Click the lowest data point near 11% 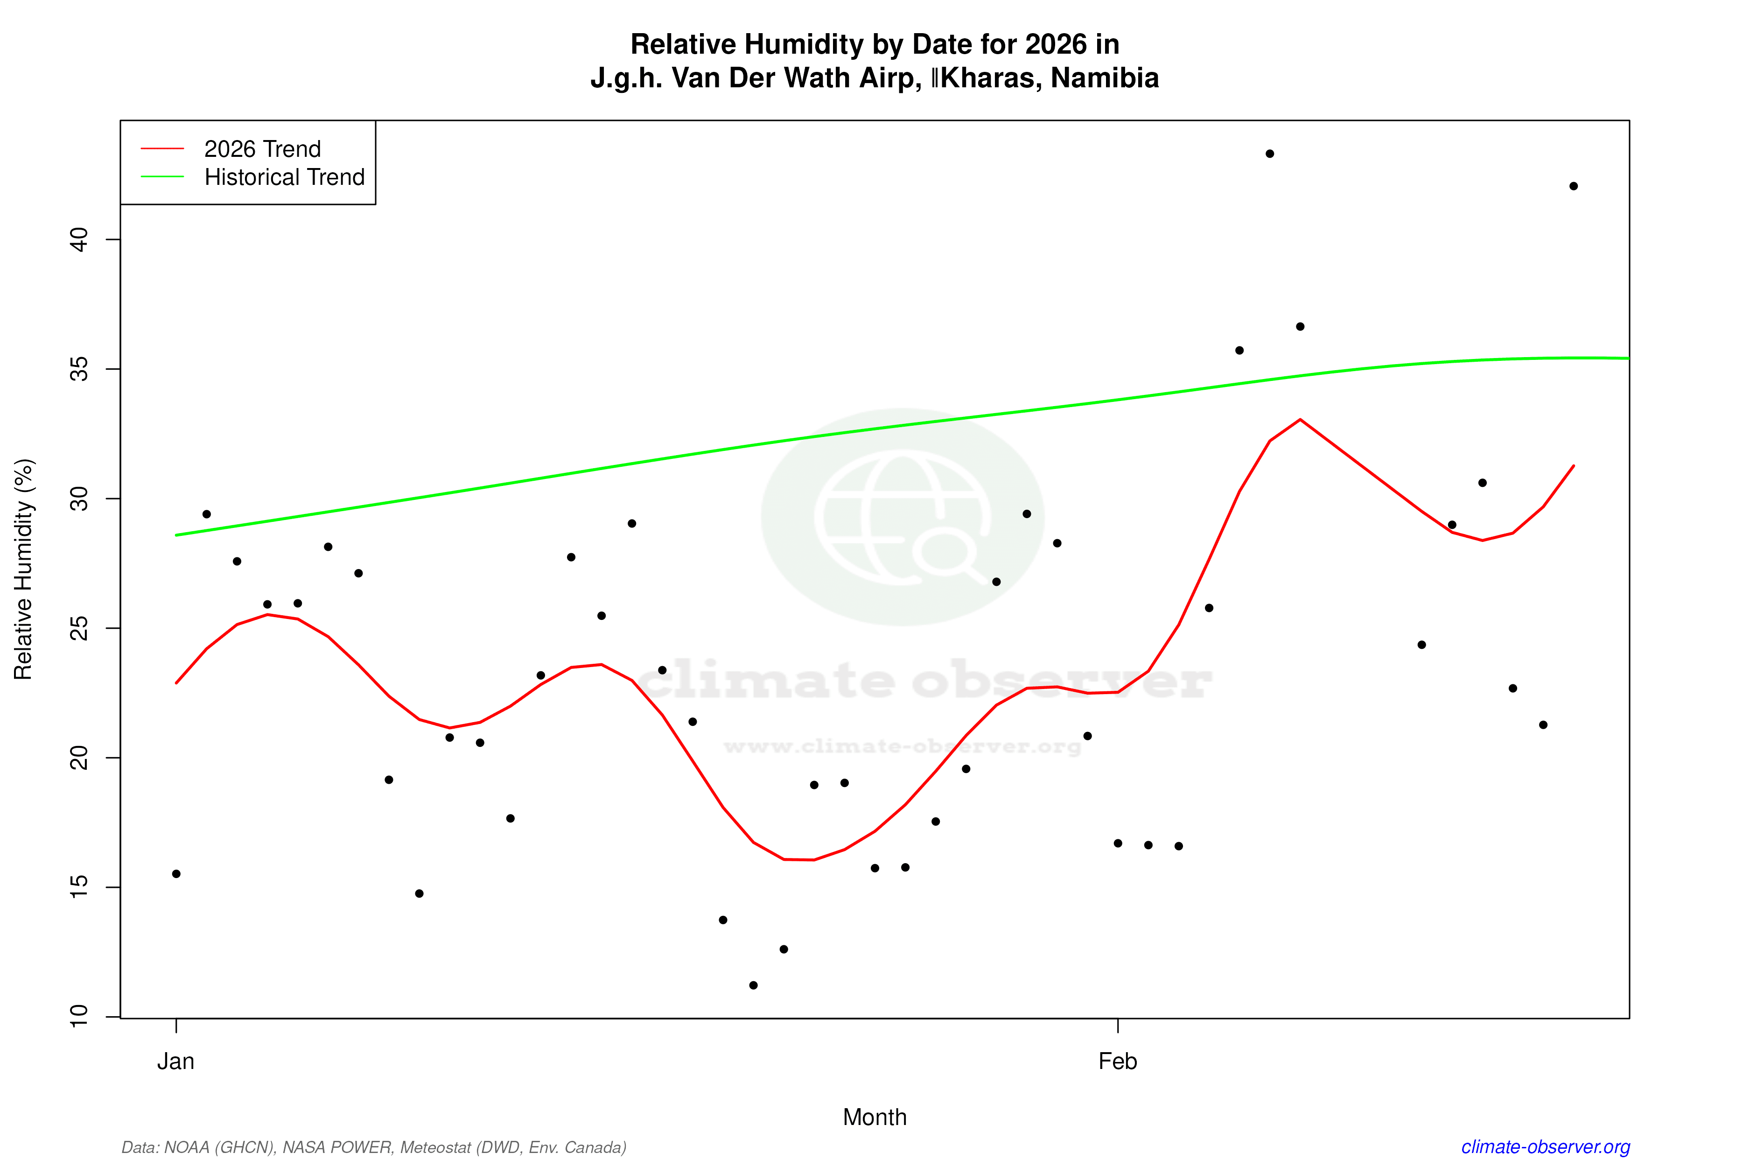[x=753, y=985]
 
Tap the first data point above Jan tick [x=176, y=874]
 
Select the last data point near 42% [x=1573, y=186]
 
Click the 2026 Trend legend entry [x=262, y=149]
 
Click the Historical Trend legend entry [x=284, y=177]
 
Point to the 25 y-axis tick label [x=79, y=628]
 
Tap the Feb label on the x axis [x=1118, y=1062]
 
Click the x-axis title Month [x=874, y=1117]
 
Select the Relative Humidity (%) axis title [x=24, y=569]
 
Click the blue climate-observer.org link [x=1546, y=1147]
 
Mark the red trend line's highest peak [x=1300, y=420]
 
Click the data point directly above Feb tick [x=1118, y=843]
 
